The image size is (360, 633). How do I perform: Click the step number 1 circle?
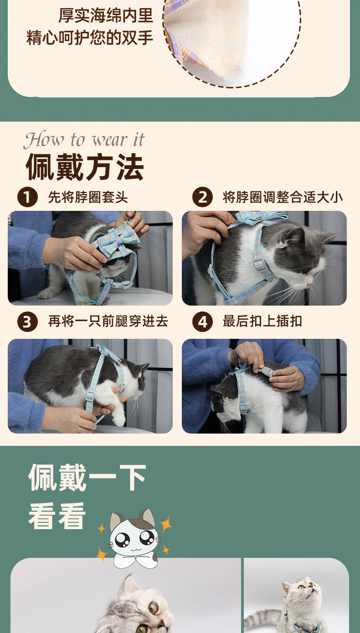27,197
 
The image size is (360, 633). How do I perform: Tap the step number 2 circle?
202,197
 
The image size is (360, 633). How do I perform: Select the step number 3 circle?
27,322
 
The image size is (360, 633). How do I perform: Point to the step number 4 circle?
202,322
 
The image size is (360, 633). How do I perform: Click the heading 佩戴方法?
85,167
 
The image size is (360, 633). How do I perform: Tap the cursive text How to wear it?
84,140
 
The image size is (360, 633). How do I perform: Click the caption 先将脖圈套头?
87,197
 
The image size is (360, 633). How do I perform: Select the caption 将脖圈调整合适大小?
283,197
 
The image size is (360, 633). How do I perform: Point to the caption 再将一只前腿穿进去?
108,322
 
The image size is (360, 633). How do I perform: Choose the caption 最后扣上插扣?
262,322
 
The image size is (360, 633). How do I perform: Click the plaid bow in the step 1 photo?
116,243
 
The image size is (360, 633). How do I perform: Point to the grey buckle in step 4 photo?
266,371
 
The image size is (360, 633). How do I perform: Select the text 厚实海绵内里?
106,15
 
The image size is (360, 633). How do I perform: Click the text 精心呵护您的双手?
90,38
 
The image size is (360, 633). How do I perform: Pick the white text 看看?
57,516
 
